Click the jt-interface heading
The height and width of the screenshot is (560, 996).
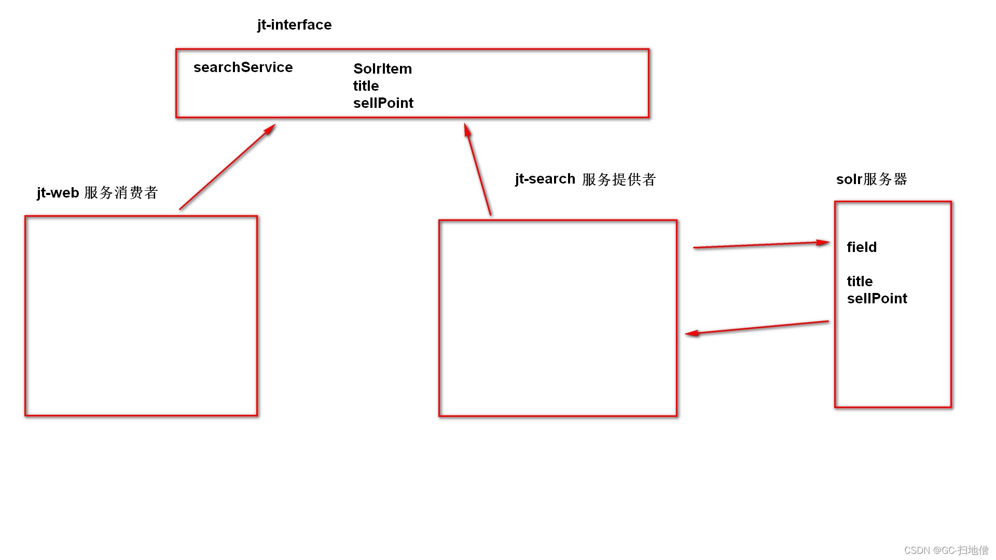point(294,25)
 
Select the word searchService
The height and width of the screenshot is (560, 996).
point(243,67)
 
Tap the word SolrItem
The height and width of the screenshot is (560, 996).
point(382,68)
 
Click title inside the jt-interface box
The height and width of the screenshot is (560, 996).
point(366,86)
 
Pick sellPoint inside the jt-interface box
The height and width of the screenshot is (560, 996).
point(383,103)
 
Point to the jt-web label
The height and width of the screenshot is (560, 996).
point(58,193)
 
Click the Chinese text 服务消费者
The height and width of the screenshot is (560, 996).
point(121,193)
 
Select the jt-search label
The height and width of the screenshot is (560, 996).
point(545,179)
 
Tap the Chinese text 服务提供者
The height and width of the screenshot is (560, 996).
point(619,179)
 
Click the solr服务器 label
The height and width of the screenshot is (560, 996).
point(872,179)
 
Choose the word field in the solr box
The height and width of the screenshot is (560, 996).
point(862,247)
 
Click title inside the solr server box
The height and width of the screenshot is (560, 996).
point(860,282)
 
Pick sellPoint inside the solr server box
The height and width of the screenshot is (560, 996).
point(877,299)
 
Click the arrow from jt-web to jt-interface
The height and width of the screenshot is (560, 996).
point(227,167)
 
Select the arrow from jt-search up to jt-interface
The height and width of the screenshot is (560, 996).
point(478,169)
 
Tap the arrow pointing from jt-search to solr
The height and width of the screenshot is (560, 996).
point(761,245)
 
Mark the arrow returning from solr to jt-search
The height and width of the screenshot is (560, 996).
point(757,328)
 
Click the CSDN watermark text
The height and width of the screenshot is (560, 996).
point(946,550)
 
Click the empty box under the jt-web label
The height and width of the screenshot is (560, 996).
point(141,316)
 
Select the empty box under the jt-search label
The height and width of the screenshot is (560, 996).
point(558,318)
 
